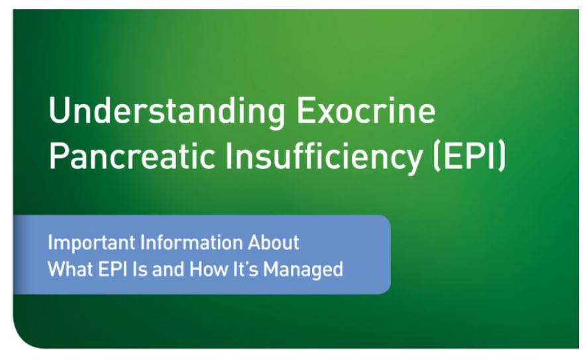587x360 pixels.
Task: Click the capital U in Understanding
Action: coord(58,111)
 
